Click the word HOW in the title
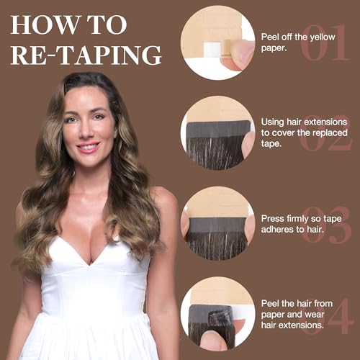tap(45, 24)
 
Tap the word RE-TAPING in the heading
tap(86, 55)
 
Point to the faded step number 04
tap(327, 316)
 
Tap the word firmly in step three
tap(296, 219)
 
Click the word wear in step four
tap(314, 315)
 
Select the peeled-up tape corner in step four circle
tap(220, 316)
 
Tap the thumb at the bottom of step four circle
tap(215, 340)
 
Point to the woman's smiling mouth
tap(88, 147)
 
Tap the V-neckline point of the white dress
tap(90, 264)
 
